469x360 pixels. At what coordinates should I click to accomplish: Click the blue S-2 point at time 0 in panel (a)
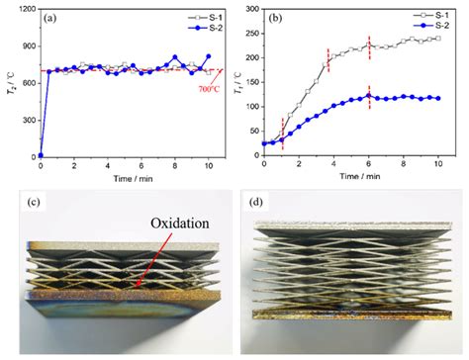(41, 155)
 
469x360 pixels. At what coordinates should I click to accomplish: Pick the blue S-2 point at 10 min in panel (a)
(208, 56)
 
